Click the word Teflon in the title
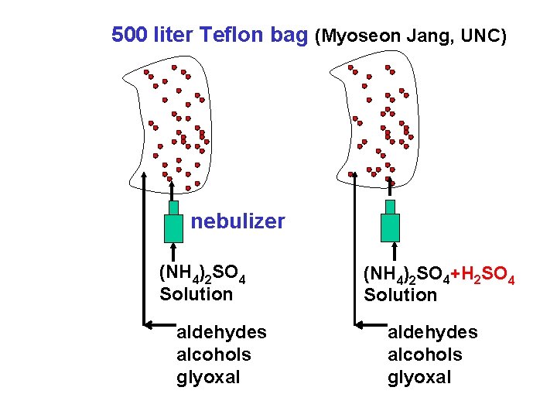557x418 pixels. tap(231, 35)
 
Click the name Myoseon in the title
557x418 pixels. tap(357, 36)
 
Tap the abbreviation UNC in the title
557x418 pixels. tap(485, 36)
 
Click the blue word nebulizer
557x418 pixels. tap(238, 222)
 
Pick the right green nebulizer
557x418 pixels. tap(391, 224)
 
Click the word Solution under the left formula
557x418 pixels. tap(196, 294)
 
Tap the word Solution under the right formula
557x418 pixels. tap(400, 295)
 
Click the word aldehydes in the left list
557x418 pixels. tap(221, 332)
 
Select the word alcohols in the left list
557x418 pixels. tap(214, 355)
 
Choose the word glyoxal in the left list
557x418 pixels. tap(208, 377)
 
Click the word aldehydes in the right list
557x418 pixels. tap(432, 332)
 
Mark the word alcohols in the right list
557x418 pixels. tap(425, 355)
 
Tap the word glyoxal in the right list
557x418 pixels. tap(419, 377)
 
